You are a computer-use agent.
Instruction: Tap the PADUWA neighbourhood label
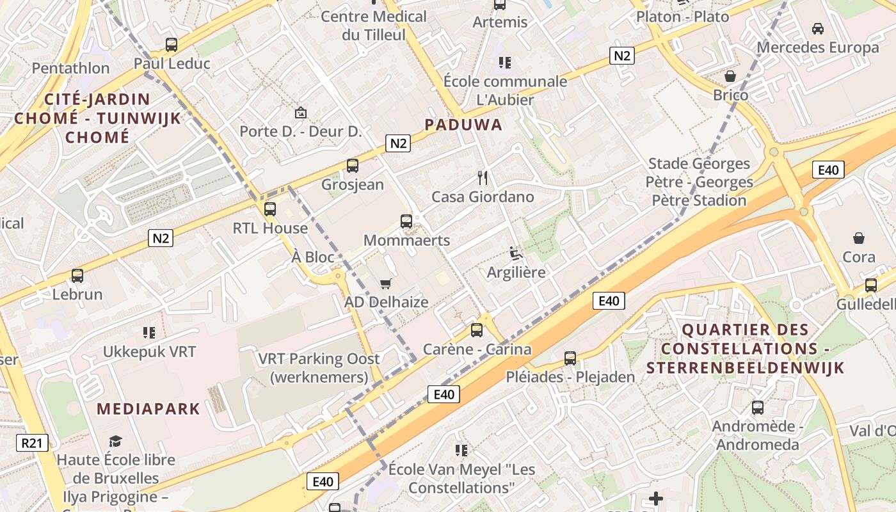(x=464, y=125)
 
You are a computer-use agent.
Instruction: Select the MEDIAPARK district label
(x=148, y=409)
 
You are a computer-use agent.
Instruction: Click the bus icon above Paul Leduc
(x=172, y=45)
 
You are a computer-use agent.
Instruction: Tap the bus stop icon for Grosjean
(x=352, y=166)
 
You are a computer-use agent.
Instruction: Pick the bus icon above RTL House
(x=270, y=209)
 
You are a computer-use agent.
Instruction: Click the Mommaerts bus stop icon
(x=406, y=221)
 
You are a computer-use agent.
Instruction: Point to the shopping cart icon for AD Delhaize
(x=385, y=284)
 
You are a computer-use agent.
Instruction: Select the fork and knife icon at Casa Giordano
(x=483, y=177)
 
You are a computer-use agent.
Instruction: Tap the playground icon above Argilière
(x=515, y=253)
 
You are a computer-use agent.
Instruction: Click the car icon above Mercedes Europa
(x=817, y=29)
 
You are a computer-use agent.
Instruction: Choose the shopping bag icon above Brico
(x=730, y=77)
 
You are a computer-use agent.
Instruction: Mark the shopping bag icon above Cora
(x=859, y=238)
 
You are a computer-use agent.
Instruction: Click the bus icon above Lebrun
(x=77, y=276)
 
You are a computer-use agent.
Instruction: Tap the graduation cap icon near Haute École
(x=115, y=441)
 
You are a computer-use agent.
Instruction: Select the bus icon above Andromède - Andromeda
(x=758, y=408)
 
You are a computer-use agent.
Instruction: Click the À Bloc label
(x=313, y=257)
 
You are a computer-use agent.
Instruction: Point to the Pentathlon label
(x=70, y=68)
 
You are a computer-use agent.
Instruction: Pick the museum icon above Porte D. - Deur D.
(x=300, y=113)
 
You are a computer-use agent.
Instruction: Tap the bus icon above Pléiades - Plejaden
(x=570, y=358)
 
